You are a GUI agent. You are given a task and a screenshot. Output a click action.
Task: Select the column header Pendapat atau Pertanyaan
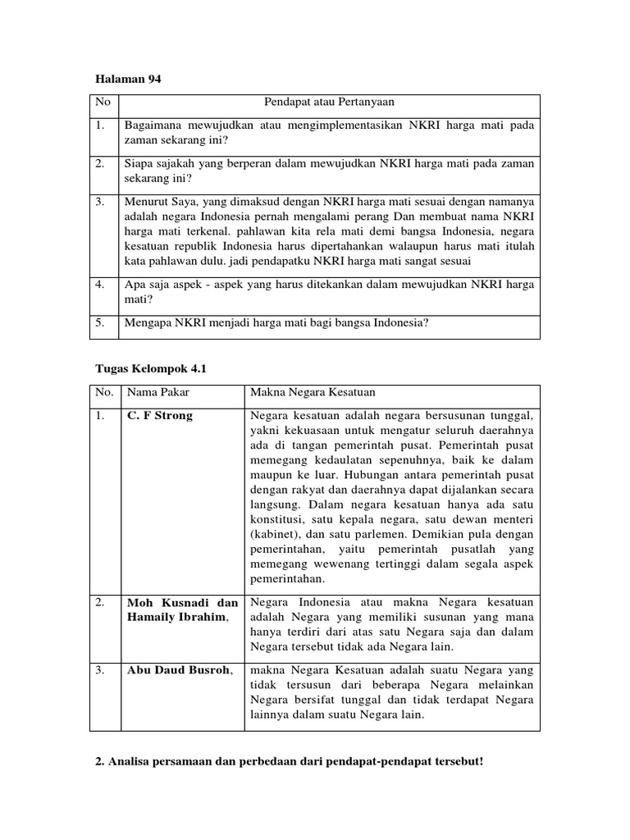[x=329, y=102]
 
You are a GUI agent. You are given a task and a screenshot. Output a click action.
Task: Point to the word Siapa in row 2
[x=139, y=163]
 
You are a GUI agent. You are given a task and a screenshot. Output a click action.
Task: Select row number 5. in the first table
[x=100, y=323]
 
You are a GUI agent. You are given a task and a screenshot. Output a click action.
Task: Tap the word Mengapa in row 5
[x=148, y=323]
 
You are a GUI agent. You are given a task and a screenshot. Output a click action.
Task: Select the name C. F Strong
[x=160, y=416]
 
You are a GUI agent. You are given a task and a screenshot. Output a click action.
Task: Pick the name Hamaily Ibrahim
[x=173, y=618]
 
